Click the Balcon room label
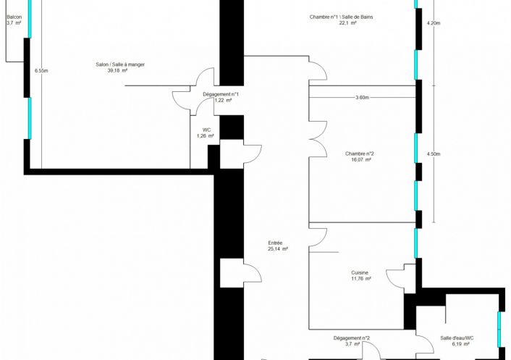(x=14, y=17)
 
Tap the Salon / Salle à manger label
(x=120, y=64)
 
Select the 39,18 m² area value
(x=117, y=70)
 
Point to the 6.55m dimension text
(x=41, y=71)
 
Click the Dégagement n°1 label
(x=221, y=94)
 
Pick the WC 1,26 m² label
(x=206, y=133)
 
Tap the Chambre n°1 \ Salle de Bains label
(x=341, y=17)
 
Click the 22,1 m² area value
(x=347, y=23)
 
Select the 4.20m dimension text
(x=434, y=23)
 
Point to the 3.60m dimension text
(x=362, y=98)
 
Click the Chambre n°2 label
(x=360, y=154)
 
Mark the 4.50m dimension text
(x=434, y=154)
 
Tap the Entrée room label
(x=275, y=243)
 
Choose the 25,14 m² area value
(x=278, y=248)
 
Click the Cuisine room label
(x=360, y=272)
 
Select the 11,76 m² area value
(x=361, y=279)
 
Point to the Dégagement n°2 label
(x=352, y=338)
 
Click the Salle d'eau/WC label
(x=457, y=338)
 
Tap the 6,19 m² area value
(x=461, y=344)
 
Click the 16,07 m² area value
(x=361, y=160)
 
